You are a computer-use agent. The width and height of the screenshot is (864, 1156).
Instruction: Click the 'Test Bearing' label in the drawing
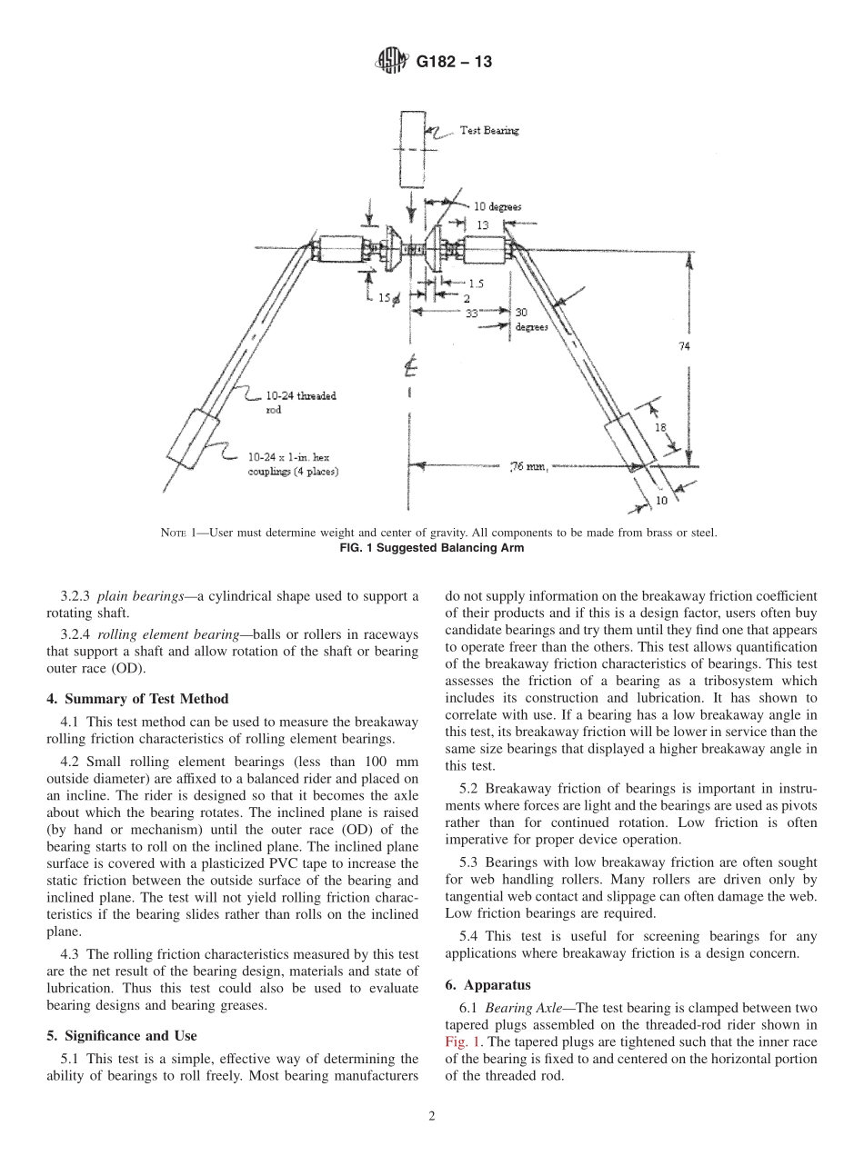coord(489,131)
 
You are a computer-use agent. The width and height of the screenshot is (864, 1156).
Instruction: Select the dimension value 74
coord(683,345)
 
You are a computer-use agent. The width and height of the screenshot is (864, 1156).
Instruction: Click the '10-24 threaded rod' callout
coord(289,403)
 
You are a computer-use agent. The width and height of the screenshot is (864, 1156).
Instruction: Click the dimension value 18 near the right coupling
coord(661,425)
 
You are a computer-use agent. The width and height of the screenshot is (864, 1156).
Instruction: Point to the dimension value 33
coord(471,312)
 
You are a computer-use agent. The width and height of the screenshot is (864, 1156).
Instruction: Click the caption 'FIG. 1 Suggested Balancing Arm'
coord(432,547)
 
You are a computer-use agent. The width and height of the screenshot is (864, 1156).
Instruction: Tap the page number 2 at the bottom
coord(432,1117)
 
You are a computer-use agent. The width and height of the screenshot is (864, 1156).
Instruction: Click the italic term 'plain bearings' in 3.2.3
coord(134,596)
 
